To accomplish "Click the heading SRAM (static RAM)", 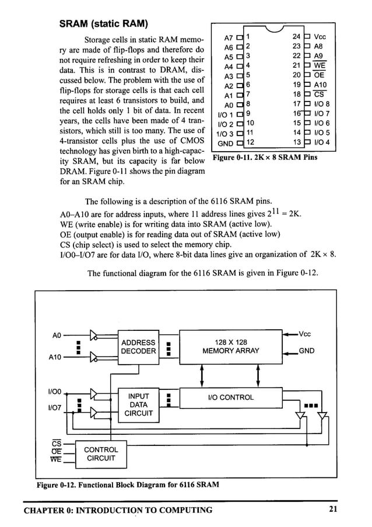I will point(103,24).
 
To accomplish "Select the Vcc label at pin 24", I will point(320,37).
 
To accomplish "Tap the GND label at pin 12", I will point(225,143).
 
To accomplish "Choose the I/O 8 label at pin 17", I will point(322,103).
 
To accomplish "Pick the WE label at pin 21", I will point(320,65).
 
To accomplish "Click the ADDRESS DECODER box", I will point(138,347).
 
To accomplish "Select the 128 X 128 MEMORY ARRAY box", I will point(230,347).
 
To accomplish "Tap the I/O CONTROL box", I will point(230,397).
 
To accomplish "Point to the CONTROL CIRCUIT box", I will point(101,453).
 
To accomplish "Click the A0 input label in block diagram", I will point(57,336).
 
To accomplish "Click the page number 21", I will point(333,510).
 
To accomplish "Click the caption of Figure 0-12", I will point(128,484).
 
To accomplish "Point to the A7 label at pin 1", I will point(229,37).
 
